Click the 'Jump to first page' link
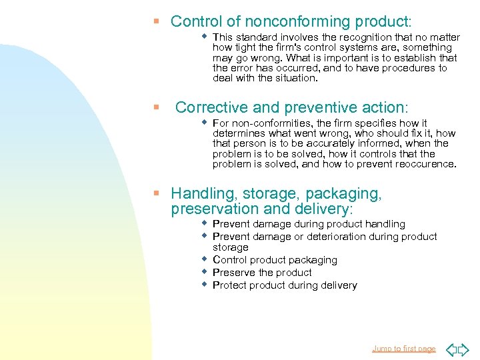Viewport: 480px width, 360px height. (403, 349)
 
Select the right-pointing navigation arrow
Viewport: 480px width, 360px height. (463, 349)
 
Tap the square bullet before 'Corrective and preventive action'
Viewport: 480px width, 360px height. (157, 107)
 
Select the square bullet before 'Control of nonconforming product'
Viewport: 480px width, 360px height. (157, 21)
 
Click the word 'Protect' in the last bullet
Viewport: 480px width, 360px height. (229, 285)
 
